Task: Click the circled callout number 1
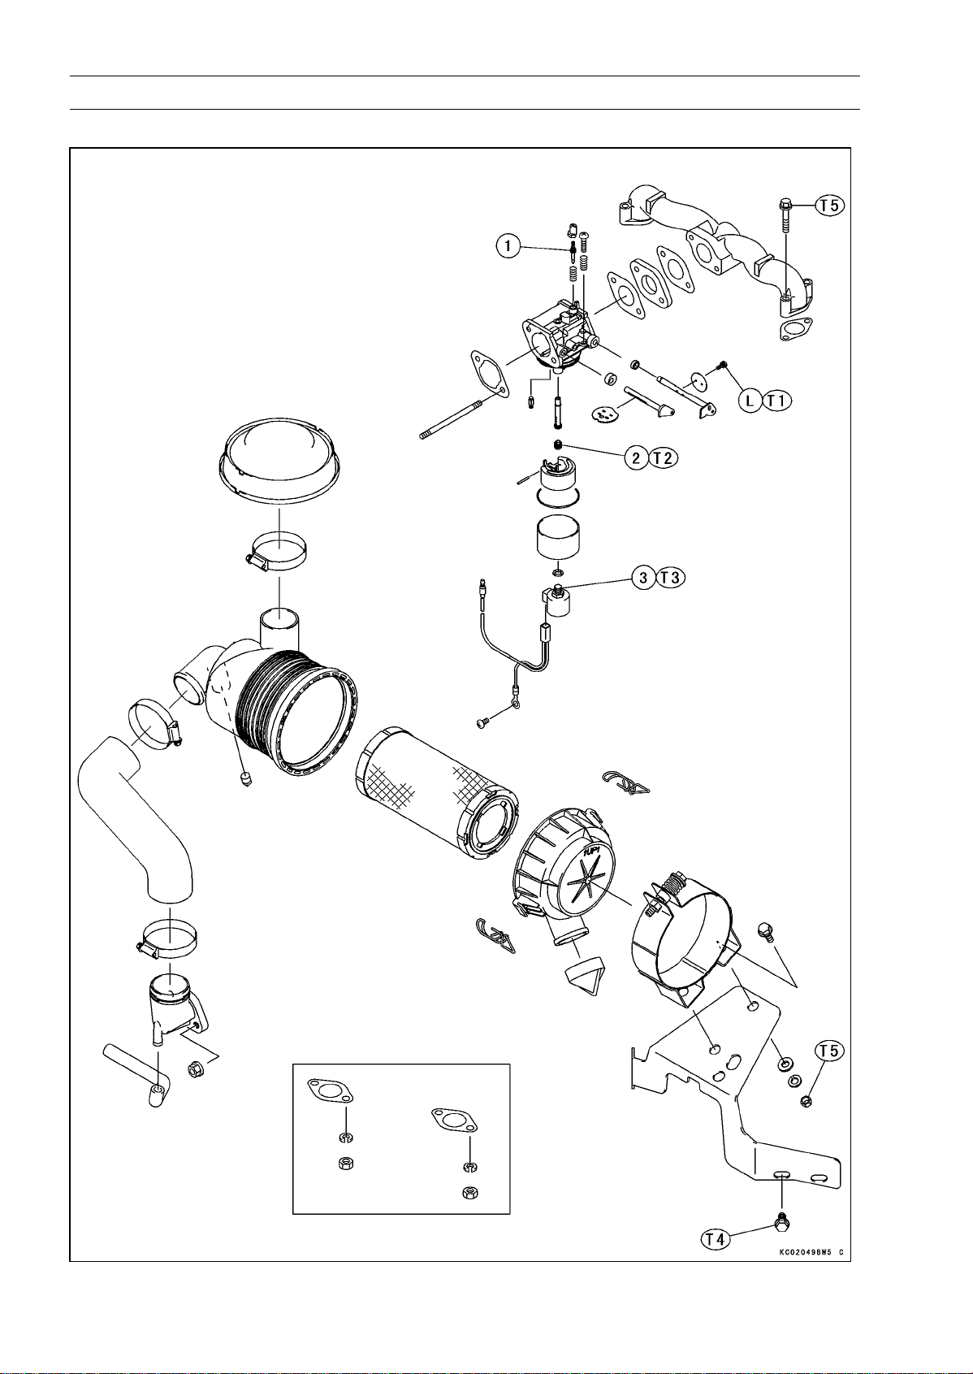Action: coord(508,246)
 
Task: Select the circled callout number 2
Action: coord(637,457)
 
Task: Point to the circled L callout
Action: coord(749,401)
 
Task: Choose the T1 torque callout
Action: coord(776,401)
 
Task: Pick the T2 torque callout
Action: coord(664,457)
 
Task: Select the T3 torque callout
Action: coord(671,577)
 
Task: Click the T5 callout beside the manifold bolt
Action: coord(829,206)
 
